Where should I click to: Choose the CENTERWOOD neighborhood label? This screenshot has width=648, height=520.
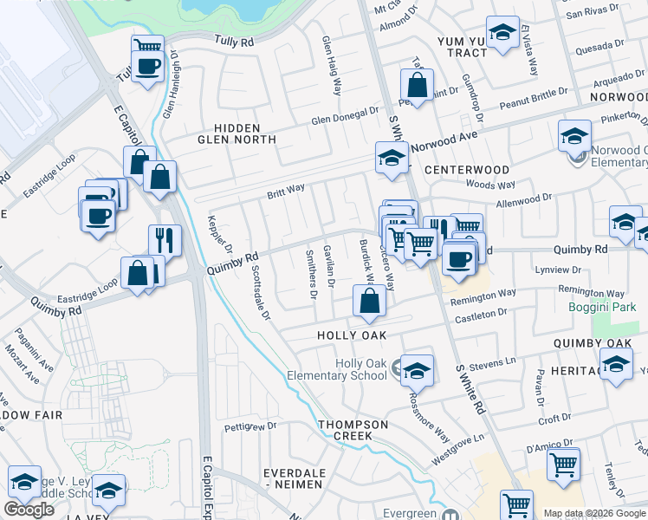coord(467,168)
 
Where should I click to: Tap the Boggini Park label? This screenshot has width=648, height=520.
coord(614,307)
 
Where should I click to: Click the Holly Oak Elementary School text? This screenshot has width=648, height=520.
coord(361,369)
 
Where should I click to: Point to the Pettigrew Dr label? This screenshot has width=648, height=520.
coord(249,426)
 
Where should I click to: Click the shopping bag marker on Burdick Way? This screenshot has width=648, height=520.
coord(369,302)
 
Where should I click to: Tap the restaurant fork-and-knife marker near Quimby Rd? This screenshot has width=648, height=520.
coord(165,239)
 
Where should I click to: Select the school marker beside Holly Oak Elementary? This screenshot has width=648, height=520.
coord(417,370)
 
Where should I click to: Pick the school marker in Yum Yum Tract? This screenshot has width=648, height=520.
coord(502,33)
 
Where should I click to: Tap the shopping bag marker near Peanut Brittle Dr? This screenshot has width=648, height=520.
coord(417,85)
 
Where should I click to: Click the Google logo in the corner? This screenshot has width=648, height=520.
coord(29,510)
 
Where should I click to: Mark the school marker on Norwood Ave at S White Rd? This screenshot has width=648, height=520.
coord(392,158)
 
